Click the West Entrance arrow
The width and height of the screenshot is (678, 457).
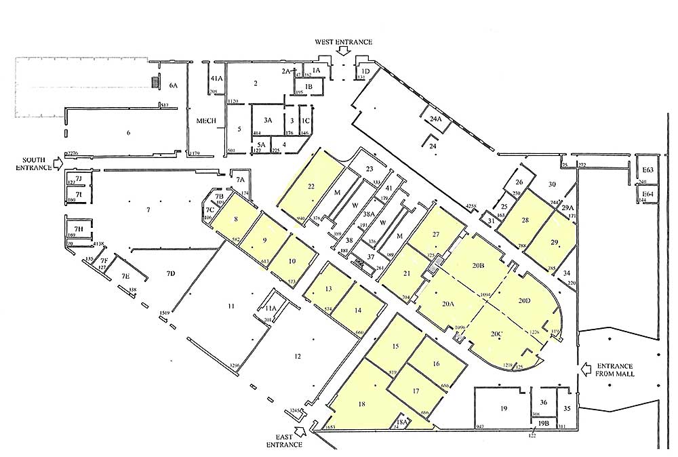click(x=344, y=50)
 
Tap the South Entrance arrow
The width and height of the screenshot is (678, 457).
click(x=56, y=163)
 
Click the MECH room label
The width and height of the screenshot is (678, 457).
click(x=205, y=121)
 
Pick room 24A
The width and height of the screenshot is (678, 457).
click(x=436, y=118)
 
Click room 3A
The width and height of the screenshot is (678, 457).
click(x=267, y=119)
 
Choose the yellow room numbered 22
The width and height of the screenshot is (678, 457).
click(x=311, y=186)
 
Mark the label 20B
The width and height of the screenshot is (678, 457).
click(x=477, y=265)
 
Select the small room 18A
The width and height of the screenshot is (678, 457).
click(x=401, y=422)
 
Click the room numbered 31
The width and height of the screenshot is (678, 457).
click(x=491, y=220)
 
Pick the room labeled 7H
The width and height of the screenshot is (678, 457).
click(x=79, y=228)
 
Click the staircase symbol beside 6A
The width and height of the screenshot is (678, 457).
click(x=155, y=83)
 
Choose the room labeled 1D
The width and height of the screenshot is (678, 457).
click(x=365, y=72)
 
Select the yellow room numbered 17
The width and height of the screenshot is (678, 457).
click(x=416, y=391)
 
